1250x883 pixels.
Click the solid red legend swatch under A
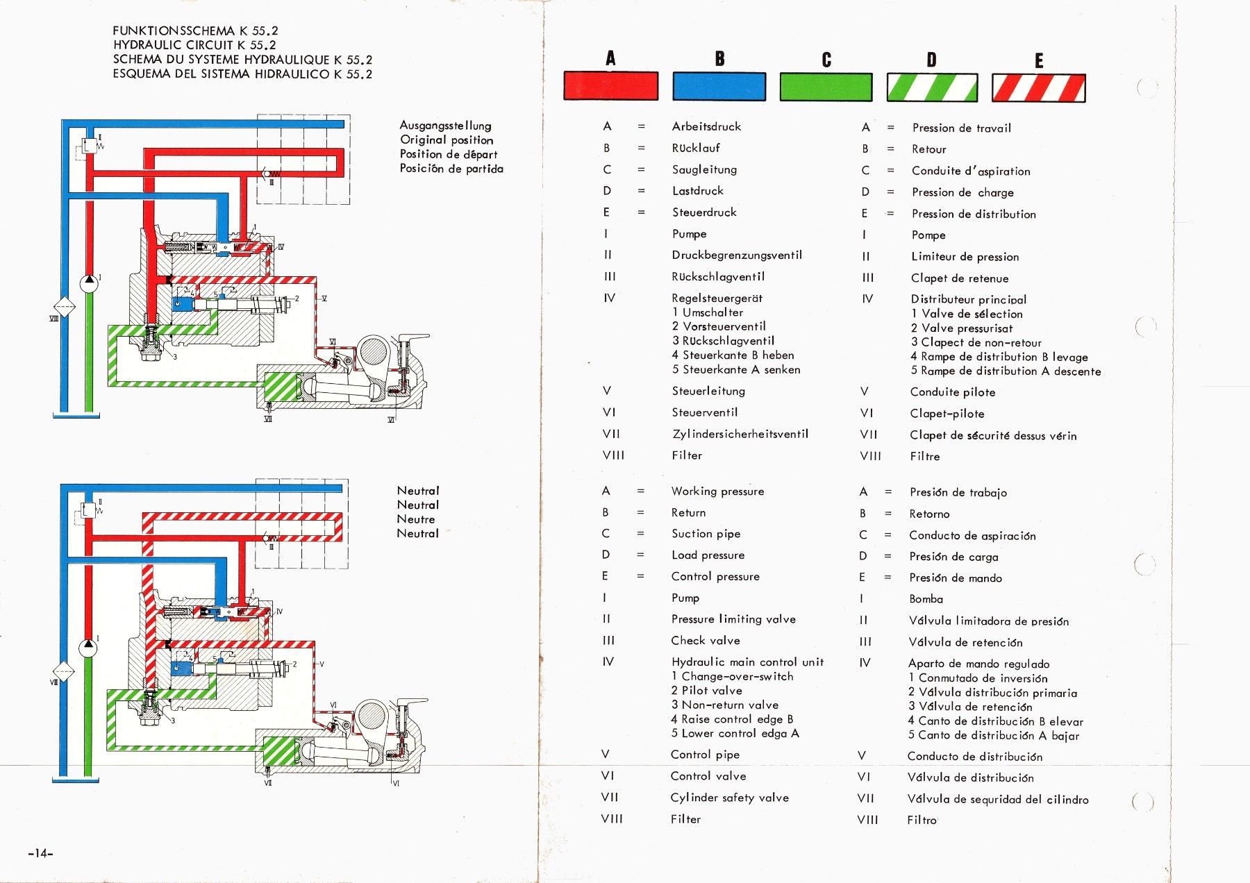coord(610,86)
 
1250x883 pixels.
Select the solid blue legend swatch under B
coord(719,87)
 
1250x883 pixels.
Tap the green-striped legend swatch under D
coord(932,88)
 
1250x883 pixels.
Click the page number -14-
coord(40,853)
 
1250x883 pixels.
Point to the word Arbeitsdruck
coord(706,126)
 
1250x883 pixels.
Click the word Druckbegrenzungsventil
coord(737,255)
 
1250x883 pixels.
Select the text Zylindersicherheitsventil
coord(740,434)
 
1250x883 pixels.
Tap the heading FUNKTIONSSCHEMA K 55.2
coord(195,31)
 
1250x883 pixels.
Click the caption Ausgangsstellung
coord(445,126)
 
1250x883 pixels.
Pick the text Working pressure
coord(717,491)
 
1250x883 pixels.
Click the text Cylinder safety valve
coord(729,798)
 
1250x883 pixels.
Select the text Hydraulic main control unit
coord(747,662)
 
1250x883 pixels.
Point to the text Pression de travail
coord(961,128)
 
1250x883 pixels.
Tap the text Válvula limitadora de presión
coord(988,621)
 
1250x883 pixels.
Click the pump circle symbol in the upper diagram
coord(89,284)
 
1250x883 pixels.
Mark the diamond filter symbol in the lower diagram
coord(64,671)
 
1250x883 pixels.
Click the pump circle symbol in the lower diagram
coord(88,648)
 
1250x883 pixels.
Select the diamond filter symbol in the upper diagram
coord(64,307)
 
